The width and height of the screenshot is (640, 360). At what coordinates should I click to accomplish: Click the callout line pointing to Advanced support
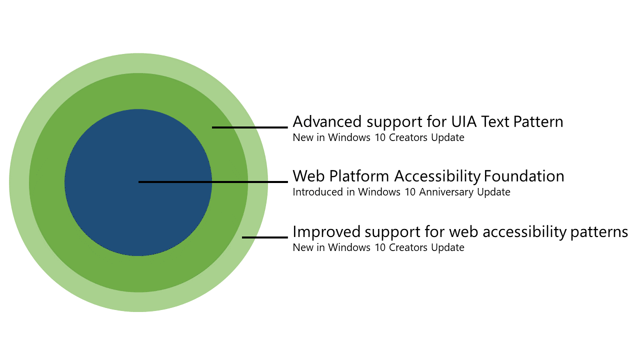click(250, 127)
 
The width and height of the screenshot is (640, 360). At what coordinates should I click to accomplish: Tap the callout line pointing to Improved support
click(265, 237)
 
